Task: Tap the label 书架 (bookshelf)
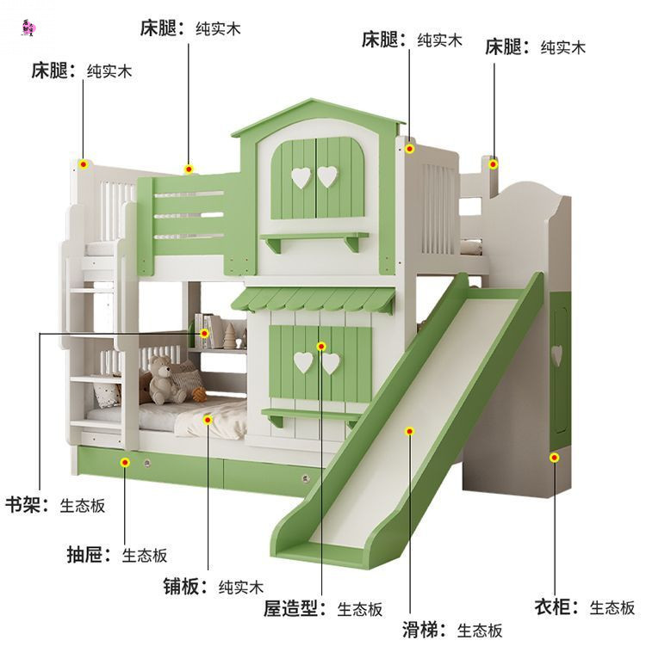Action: (x=25, y=505)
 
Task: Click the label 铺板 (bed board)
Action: (x=185, y=587)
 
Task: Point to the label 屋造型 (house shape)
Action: (x=293, y=609)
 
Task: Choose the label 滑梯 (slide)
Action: (x=423, y=630)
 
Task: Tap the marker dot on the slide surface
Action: (x=410, y=431)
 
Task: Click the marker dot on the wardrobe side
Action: (x=554, y=458)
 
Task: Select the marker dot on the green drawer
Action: (x=126, y=463)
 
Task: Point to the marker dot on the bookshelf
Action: (x=205, y=333)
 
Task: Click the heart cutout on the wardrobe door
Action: (x=556, y=352)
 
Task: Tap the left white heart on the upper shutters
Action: (x=301, y=177)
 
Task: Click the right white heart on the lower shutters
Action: (x=331, y=363)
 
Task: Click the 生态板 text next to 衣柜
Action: (x=612, y=608)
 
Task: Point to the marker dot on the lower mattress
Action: (x=208, y=420)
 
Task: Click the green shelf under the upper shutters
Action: (x=314, y=238)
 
